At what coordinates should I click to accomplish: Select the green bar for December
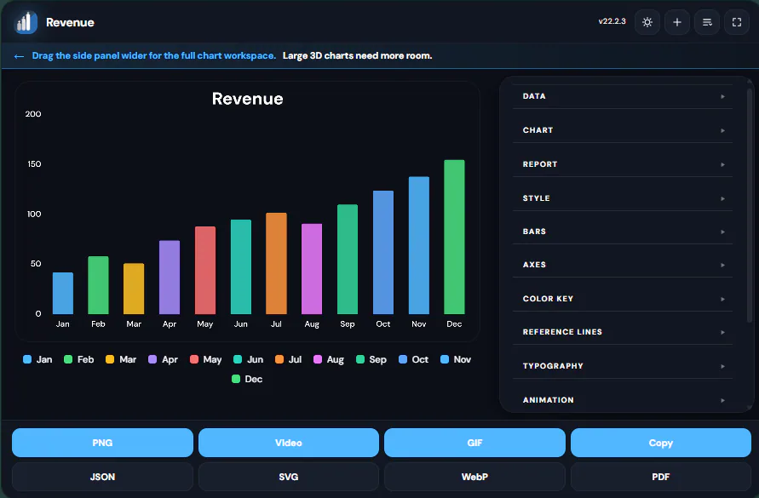point(454,237)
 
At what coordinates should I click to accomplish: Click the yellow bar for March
point(134,289)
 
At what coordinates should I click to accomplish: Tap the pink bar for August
point(312,269)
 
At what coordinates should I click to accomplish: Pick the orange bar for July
point(276,263)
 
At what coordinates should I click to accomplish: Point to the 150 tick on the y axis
point(34,164)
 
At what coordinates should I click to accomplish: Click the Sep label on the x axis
point(348,323)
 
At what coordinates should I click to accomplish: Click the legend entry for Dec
point(247,379)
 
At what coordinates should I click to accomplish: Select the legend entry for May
point(206,359)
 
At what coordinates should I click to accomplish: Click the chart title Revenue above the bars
point(247,99)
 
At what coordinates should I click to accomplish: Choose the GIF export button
point(474,443)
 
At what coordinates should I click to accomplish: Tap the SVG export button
point(289,477)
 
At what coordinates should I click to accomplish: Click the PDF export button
point(661,477)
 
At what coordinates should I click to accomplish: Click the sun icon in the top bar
point(647,22)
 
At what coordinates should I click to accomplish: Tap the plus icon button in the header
point(677,22)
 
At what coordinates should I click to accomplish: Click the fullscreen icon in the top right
point(737,22)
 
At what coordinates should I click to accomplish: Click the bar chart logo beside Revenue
point(26,22)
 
